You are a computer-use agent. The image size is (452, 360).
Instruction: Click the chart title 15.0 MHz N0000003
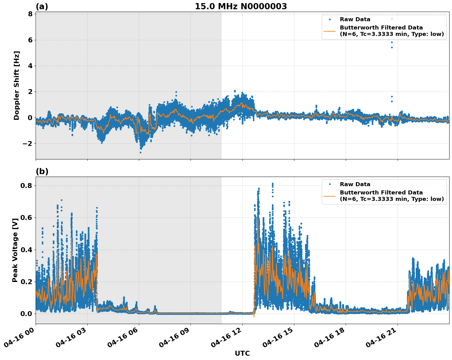click(241, 6)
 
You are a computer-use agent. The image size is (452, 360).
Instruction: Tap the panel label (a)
click(42, 6)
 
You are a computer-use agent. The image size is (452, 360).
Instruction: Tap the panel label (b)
click(42, 171)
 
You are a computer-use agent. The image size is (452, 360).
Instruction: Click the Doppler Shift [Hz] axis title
click(17, 85)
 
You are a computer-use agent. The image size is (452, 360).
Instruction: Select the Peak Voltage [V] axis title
click(15, 250)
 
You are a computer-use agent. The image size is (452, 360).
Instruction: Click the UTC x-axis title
click(242, 353)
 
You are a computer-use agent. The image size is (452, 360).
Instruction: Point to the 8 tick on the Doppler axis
click(30, 14)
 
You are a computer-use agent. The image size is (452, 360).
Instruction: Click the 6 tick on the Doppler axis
click(30, 40)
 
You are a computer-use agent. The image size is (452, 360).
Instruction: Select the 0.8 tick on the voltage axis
click(26, 186)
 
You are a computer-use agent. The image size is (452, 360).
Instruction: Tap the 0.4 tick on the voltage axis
click(26, 250)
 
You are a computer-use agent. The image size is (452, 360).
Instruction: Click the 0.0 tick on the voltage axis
click(26, 314)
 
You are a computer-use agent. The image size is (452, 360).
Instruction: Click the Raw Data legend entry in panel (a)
click(355, 19)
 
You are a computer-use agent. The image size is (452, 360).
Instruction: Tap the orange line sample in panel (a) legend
click(329, 31)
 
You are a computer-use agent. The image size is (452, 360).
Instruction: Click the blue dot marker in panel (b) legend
click(329, 184)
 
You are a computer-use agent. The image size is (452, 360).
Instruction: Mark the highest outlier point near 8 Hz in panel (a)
click(391, 19)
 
